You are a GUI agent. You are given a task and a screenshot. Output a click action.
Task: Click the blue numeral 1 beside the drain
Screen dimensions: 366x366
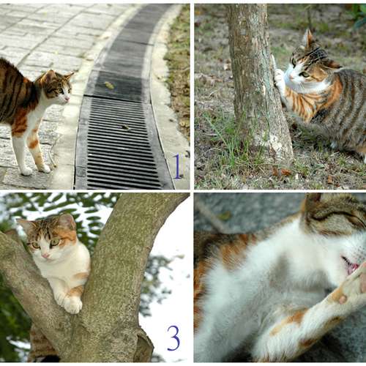(178, 167)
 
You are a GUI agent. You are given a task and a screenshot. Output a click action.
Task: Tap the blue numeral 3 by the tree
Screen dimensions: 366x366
(173, 338)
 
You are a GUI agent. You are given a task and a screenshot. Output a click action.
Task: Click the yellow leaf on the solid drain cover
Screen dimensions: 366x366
(109, 85)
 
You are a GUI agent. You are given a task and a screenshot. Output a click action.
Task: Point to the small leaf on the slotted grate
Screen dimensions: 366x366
(126, 127)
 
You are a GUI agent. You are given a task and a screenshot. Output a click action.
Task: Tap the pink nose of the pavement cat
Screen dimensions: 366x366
(67, 99)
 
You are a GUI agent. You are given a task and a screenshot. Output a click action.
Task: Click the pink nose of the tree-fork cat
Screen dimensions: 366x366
(45, 255)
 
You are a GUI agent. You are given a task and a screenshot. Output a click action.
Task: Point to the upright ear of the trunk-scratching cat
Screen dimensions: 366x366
(308, 39)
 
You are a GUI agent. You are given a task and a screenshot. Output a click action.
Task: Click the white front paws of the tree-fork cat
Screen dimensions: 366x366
(67, 302)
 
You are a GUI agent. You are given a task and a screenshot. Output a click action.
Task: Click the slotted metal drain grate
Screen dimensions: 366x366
(122, 144)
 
